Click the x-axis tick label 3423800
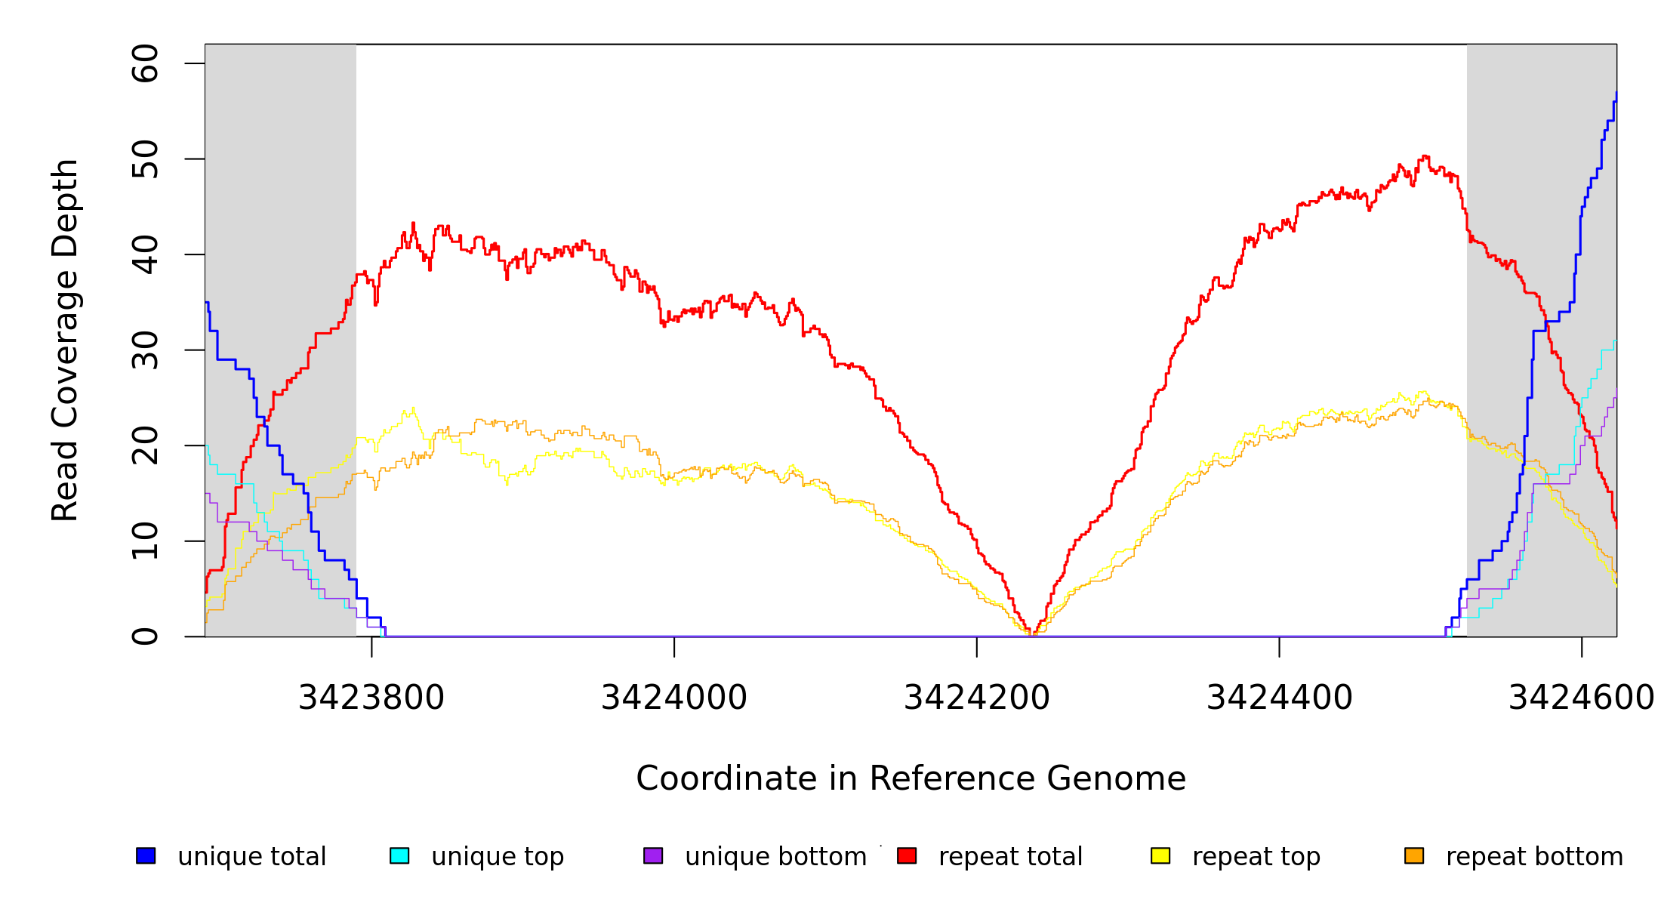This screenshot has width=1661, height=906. [371, 698]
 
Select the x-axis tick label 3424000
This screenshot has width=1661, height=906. [674, 698]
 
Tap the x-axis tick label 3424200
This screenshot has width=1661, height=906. [977, 698]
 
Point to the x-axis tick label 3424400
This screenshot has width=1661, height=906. [1280, 698]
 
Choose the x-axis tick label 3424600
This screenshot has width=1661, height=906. [1581, 698]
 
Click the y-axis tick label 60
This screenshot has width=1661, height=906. [146, 63]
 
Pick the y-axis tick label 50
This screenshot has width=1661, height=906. [146, 159]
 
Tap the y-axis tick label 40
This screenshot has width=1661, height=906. [146, 254]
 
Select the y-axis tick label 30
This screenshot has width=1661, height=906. [146, 350]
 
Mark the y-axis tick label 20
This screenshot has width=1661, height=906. [146, 445]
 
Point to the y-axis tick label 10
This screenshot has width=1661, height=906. [146, 541]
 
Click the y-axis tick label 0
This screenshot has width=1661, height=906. [146, 636]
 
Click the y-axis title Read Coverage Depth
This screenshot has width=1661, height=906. [65, 340]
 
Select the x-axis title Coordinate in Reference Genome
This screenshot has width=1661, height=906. [911, 778]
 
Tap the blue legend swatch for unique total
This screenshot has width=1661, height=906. [146, 855]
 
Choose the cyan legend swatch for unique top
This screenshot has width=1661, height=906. [399, 855]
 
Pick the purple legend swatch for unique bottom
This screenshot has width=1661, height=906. [653, 855]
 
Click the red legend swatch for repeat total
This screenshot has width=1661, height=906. [907, 855]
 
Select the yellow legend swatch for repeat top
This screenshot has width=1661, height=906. [1160, 855]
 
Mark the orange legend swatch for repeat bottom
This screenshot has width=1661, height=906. [1414, 855]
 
